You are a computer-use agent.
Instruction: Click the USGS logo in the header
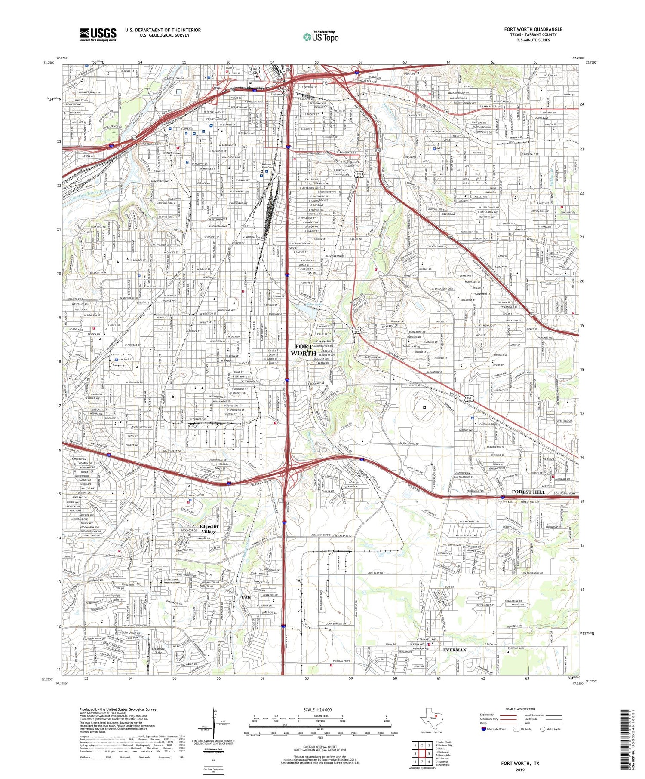(x=98, y=34)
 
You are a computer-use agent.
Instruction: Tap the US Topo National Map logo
(x=320, y=36)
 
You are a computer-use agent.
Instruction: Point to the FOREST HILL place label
(x=528, y=492)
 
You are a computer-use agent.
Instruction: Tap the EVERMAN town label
(x=455, y=650)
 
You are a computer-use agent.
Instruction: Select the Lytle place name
(x=246, y=597)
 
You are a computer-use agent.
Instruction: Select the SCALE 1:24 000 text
(x=320, y=709)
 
